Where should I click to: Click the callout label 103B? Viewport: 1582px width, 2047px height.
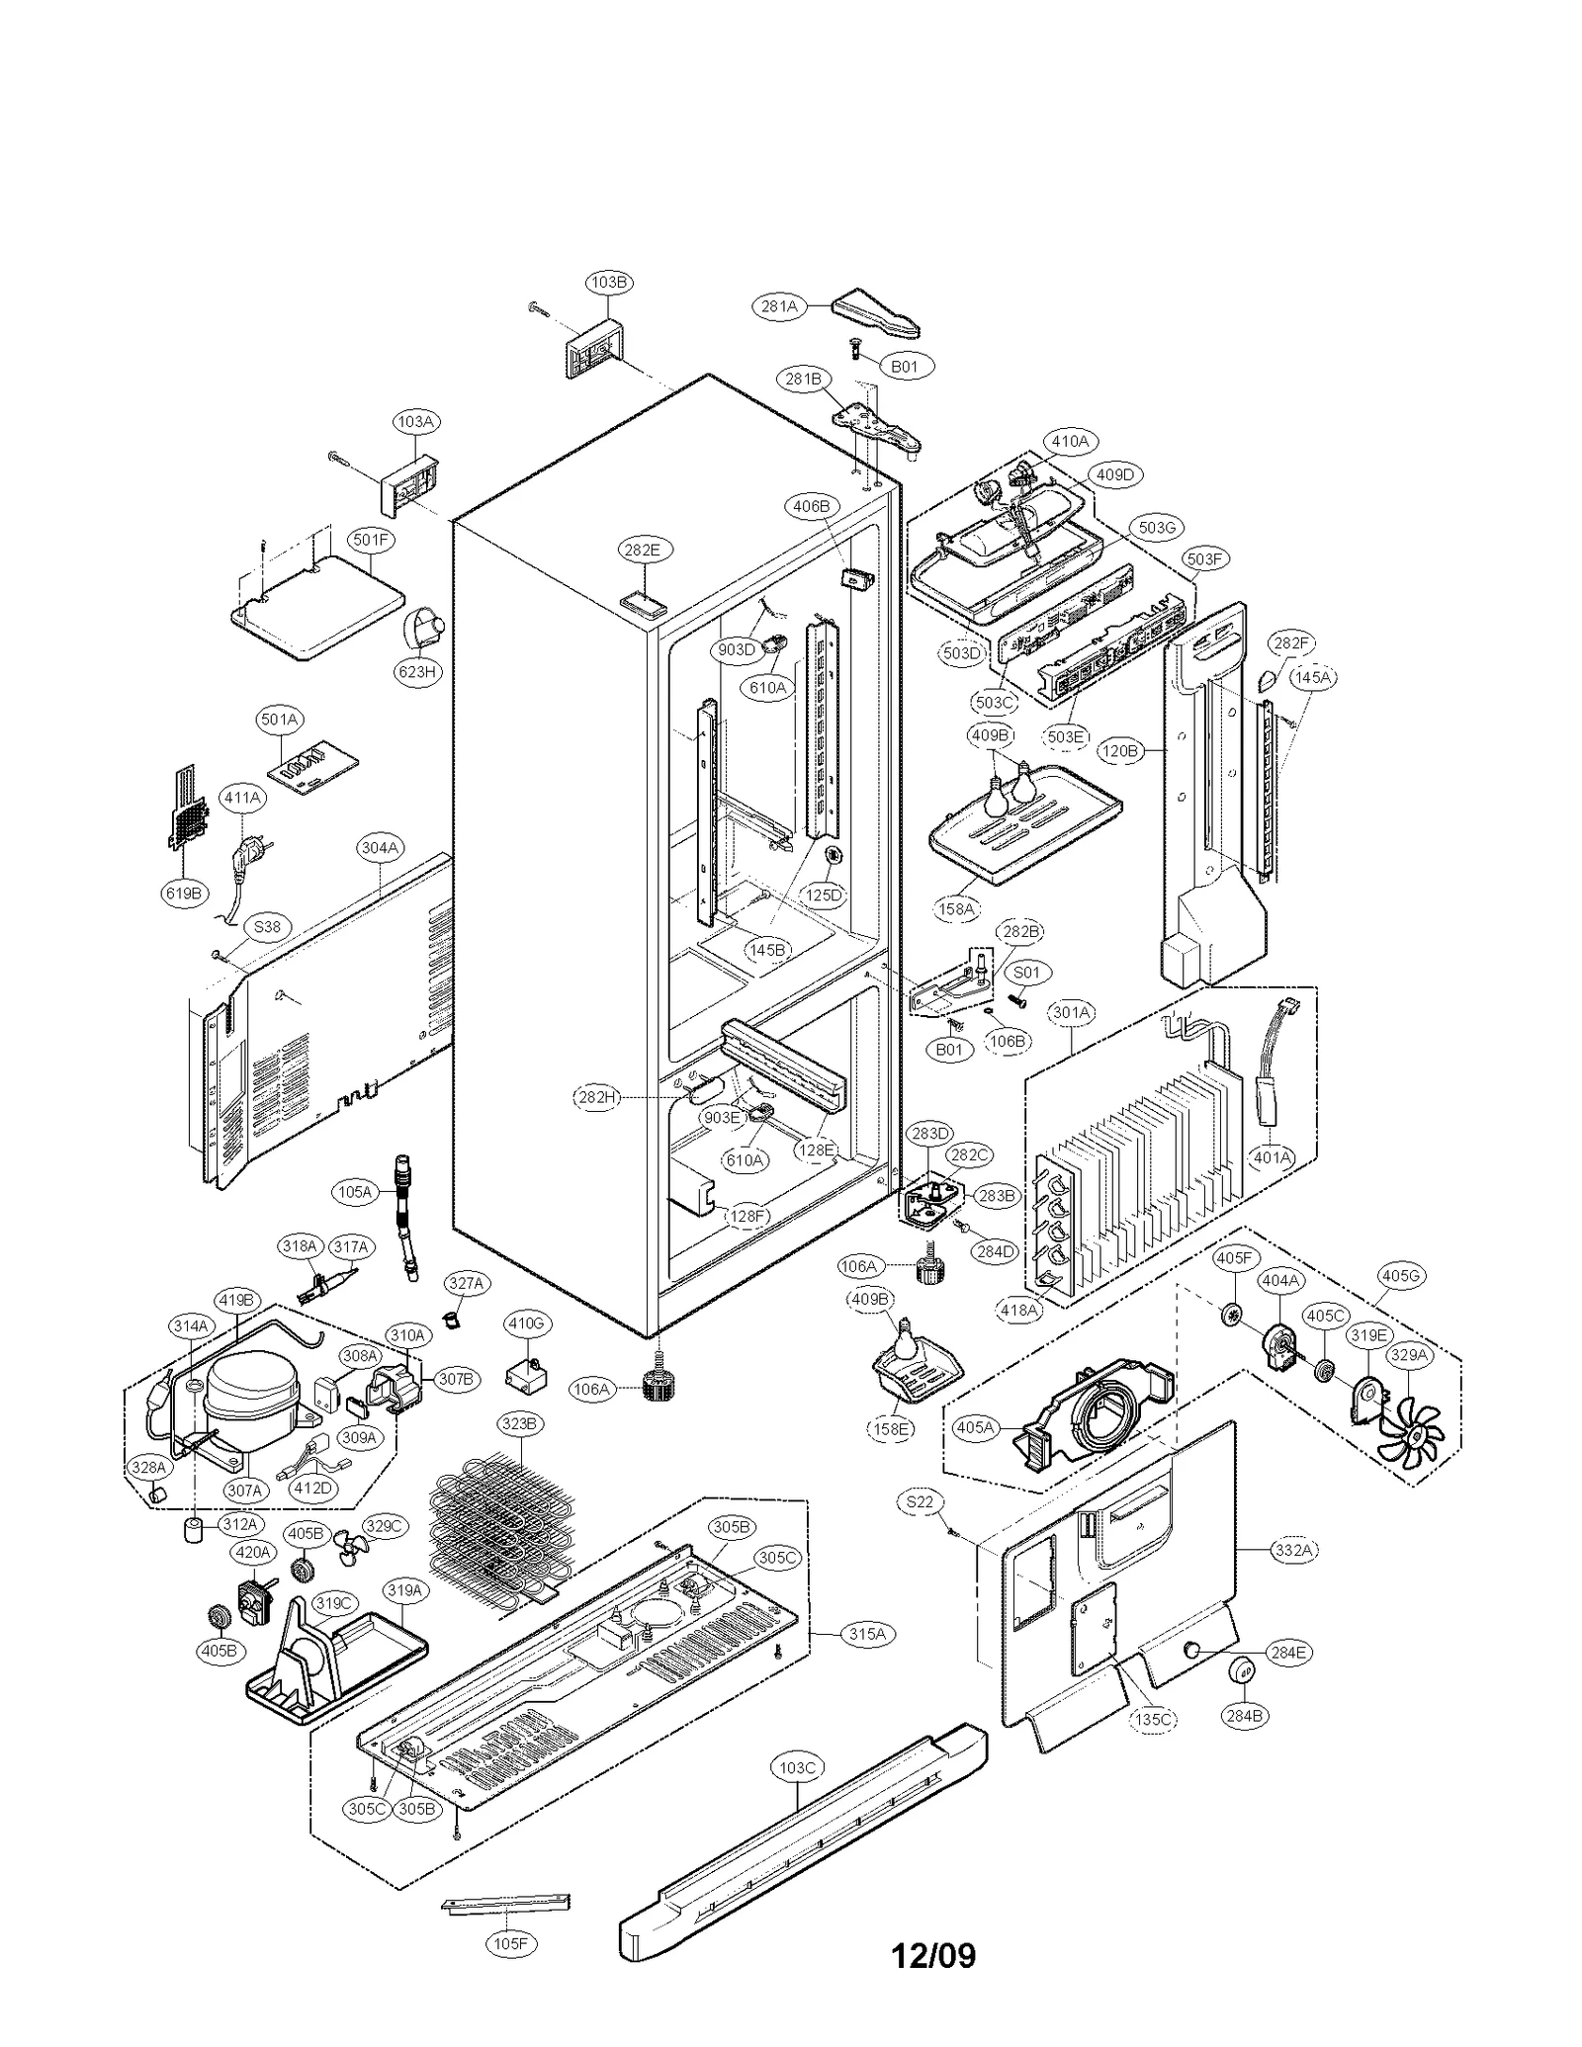point(609,282)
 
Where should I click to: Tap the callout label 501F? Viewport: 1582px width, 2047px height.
point(371,539)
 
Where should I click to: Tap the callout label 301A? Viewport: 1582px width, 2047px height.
point(1072,1012)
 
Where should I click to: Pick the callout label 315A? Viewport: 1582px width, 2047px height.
point(866,1634)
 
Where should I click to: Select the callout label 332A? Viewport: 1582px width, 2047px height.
point(1293,1550)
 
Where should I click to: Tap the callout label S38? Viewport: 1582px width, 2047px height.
point(267,926)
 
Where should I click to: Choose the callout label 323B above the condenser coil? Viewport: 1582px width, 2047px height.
point(519,1424)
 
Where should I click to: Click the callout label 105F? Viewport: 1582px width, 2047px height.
point(511,1943)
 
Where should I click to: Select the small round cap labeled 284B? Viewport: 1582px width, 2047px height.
point(1242,1672)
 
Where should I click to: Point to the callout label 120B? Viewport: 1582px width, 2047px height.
point(1120,750)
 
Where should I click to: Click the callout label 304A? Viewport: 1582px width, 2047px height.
point(380,847)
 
